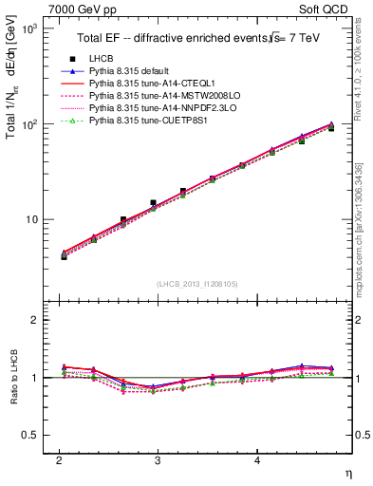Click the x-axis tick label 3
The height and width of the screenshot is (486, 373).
click(x=158, y=459)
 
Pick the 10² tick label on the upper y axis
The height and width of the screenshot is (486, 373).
click(x=29, y=124)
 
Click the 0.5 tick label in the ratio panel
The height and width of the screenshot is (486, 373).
click(x=31, y=435)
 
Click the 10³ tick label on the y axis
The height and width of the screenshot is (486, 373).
click(x=29, y=29)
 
